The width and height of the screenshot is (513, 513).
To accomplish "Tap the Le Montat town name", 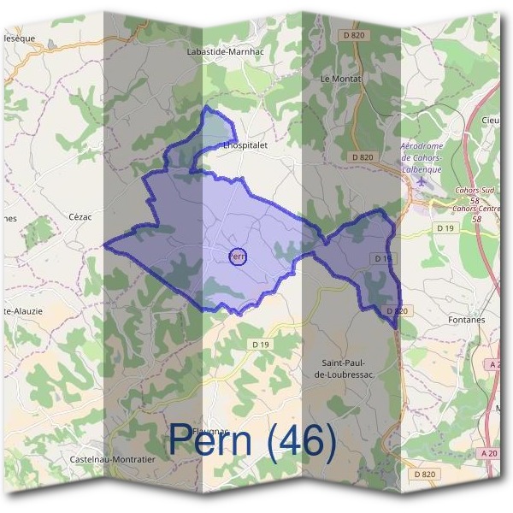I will [341, 78].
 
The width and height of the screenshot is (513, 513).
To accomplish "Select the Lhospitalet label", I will [245, 145].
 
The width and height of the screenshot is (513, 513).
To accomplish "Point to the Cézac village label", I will [80, 217].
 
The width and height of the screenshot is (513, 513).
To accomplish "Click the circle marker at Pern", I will [239, 256].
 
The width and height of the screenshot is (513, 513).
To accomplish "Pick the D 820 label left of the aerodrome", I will [363, 157].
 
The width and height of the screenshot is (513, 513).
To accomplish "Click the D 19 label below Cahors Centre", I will [445, 228].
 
